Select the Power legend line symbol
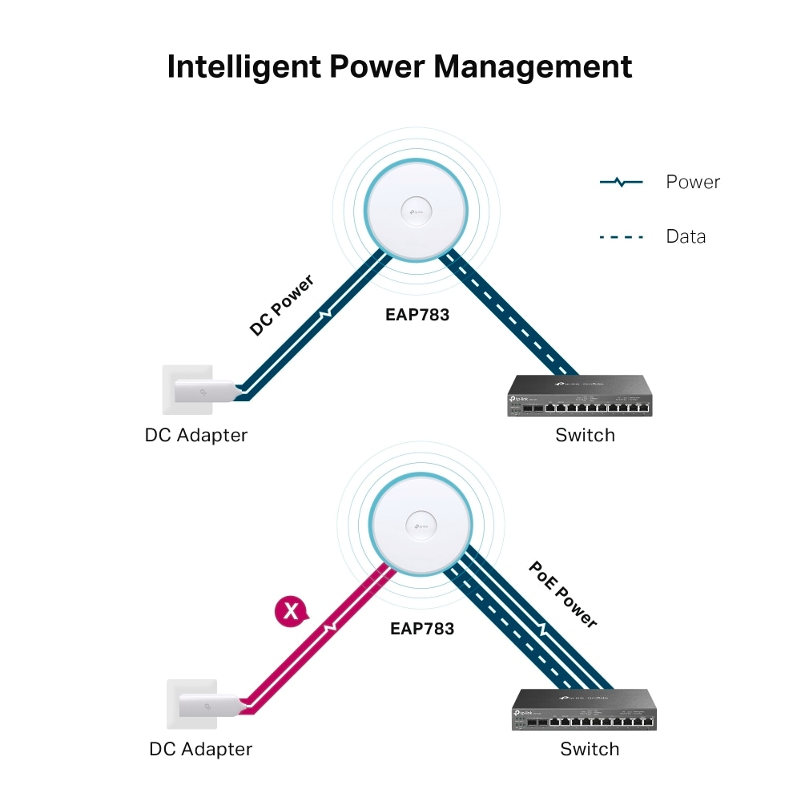click(x=621, y=183)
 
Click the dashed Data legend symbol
click(x=621, y=237)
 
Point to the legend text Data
click(x=686, y=237)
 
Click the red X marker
click(x=291, y=612)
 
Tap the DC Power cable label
click(x=281, y=304)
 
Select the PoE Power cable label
click(x=563, y=594)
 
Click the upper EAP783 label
click(x=417, y=315)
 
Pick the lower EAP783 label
click(x=422, y=629)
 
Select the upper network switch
click(x=580, y=397)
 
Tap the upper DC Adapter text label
click(x=196, y=436)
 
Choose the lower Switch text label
click(x=590, y=750)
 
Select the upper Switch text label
click(x=586, y=436)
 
